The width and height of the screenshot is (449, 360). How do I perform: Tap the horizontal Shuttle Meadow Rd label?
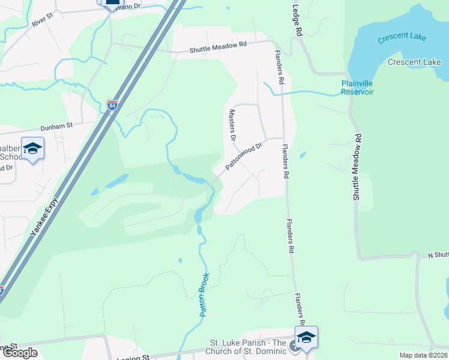[x=218, y=46]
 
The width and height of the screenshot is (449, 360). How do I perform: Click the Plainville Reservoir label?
[x=357, y=88]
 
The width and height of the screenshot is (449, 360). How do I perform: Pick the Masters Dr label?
[x=232, y=125]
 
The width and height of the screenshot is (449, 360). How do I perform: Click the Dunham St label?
[x=56, y=126]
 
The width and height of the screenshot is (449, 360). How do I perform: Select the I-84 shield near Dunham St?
[x=112, y=105]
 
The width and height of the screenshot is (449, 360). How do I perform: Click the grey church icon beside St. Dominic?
[x=294, y=346]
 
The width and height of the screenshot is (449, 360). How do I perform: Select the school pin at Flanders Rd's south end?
[x=306, y=337]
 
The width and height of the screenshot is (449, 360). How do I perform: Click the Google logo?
[x=20, y=353]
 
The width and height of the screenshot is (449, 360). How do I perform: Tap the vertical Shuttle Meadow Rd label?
[x=358, y=167]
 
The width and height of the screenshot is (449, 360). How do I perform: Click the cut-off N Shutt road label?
[x=438, y=256]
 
